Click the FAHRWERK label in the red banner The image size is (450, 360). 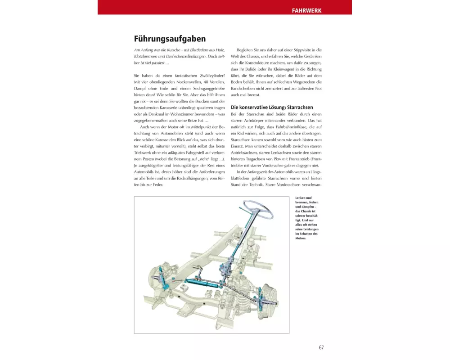pos(306,10)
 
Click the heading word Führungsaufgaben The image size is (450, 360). pos(170,39)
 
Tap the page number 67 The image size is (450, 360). pos(321,347)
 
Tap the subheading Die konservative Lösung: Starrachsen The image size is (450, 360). pos(271,108)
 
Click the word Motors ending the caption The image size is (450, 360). pos(301,238)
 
